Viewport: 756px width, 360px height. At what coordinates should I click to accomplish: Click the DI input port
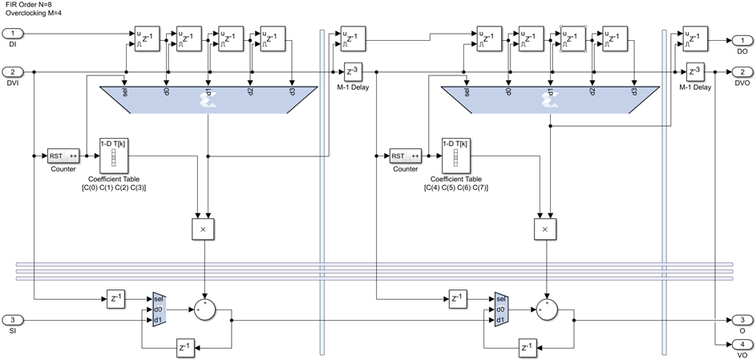point(17,34)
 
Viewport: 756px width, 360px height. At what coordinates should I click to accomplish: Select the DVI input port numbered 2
point(17,71)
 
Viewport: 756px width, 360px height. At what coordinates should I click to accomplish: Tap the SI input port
point(17,319)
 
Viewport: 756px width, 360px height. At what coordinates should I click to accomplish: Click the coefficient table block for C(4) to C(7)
point(455,156)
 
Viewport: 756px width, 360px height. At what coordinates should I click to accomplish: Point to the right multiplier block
point(545,229)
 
